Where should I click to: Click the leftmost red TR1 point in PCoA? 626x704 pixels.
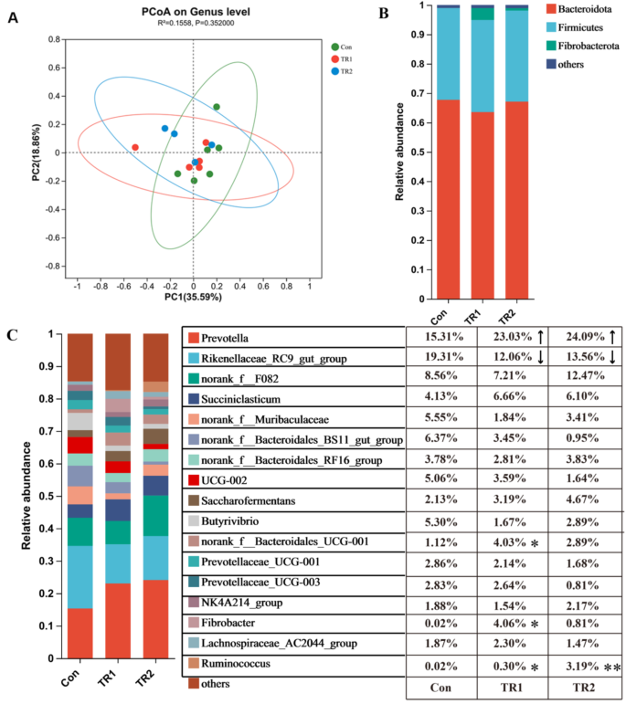coord(135,147)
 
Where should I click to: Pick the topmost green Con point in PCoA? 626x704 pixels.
coord(217,107)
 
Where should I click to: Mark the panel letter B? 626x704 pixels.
coord(382,14)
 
